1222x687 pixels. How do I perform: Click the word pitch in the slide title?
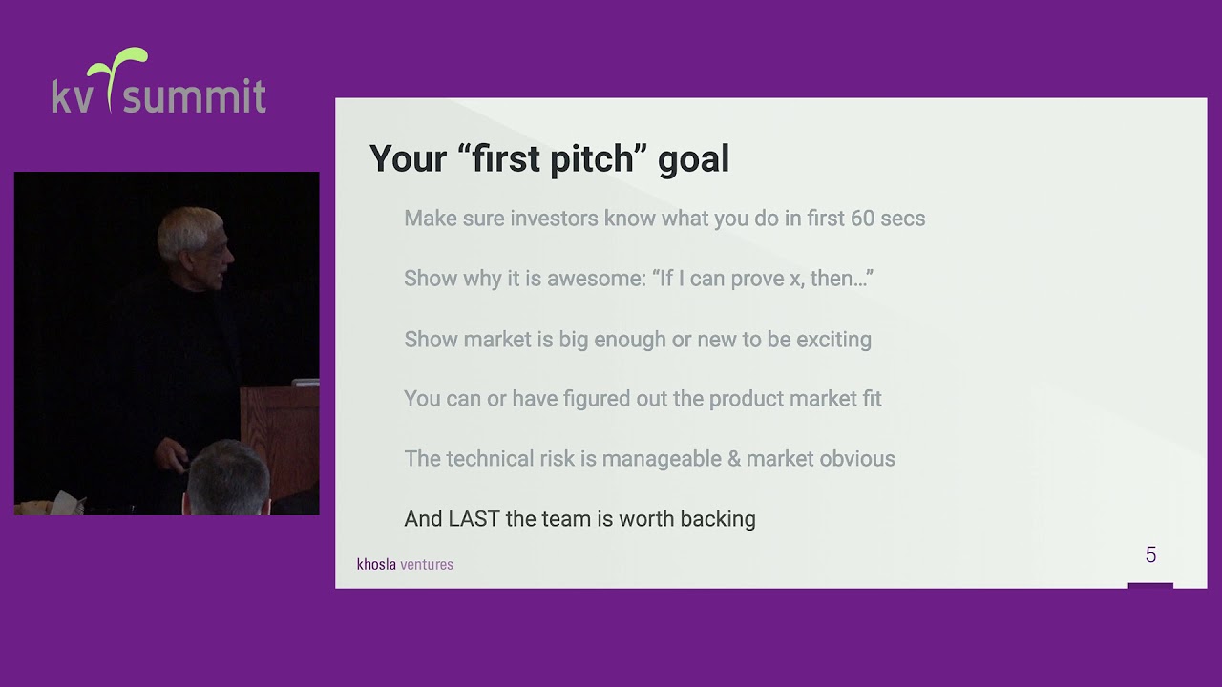[x=591, y=159]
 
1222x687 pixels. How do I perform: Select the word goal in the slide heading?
[x=693, y=159]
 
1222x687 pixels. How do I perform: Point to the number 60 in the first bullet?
[x=862, y=219]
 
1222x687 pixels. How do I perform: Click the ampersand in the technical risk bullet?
[x=733, y=459]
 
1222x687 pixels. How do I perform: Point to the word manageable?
[x=661, y=459]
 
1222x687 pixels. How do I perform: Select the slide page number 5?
[x=1150, y=554]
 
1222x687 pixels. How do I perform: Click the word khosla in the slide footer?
[x=376, y=564]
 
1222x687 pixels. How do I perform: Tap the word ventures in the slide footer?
[x=427, y=564]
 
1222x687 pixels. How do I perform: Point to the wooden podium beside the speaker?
[x=279, y=429]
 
